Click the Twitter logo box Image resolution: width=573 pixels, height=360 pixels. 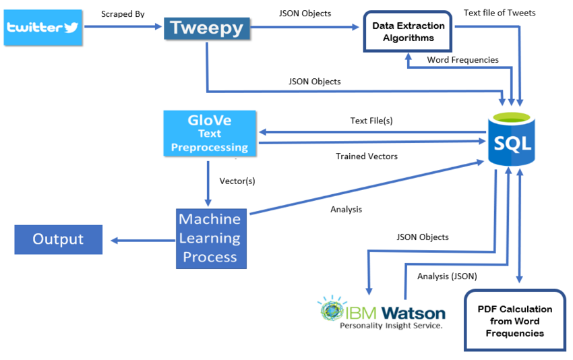[x=43, y=28]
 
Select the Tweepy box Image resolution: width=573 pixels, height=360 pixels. [x=207, y=28]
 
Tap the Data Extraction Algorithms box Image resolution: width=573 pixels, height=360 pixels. [x=408, y=32]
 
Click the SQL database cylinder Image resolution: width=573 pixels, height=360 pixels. [x=512, y=140]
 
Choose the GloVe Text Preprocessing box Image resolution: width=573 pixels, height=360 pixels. [x=210, y=133]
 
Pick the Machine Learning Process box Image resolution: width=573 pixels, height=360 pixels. [x=211, y=239]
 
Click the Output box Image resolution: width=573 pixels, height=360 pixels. [x=59, y=239]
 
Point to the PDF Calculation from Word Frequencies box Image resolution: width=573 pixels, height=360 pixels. [x=515, y=321]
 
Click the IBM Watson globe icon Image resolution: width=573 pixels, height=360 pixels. [x=332, y=309]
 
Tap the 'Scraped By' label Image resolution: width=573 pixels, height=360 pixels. [x=123, y=14]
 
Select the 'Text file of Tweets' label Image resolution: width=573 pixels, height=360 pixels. [x=500, y=13]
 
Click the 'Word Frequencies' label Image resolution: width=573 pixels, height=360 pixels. [x=462, y=60]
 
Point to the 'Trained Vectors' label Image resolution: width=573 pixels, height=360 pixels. [x=367, y=156]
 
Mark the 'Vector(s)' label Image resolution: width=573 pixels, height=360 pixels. [x=237, y=181]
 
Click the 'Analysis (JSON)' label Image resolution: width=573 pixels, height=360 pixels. [x=447, y=276]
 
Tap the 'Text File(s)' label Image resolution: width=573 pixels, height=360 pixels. [x=371, y=121]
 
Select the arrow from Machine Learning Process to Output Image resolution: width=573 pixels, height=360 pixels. [x=143, y=241]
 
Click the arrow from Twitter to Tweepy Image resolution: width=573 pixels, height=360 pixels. [x=123, y=26]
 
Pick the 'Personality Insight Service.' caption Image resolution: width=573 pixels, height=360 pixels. [x=391, y=326]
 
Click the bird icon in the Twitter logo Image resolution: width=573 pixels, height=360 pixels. [x=71, y=28]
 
